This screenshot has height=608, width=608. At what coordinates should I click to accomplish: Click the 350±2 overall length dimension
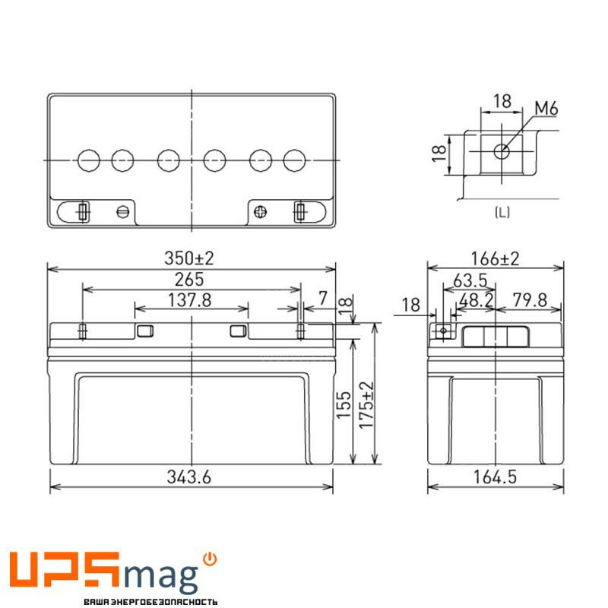[189, 258]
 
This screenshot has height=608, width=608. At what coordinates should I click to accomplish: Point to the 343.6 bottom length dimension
[190, 477]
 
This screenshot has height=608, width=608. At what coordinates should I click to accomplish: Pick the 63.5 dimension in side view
[469, 281]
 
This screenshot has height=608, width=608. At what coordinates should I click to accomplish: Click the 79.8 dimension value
[529, 300]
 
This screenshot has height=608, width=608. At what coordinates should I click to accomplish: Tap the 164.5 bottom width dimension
[495, 477]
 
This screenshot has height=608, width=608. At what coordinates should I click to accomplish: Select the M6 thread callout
[546, 109]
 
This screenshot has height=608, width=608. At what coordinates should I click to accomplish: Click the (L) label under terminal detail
[502, 213]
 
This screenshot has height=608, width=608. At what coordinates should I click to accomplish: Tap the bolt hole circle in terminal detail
[501, 150]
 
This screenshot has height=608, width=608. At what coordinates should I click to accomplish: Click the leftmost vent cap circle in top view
[89, 160]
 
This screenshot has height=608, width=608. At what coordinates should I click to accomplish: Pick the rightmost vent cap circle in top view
[294, 160]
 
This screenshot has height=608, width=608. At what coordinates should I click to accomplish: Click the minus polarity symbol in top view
[122, 212]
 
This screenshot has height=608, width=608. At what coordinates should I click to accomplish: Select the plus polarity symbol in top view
[261, 212]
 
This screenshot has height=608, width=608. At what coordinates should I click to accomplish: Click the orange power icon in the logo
[211, 559]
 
